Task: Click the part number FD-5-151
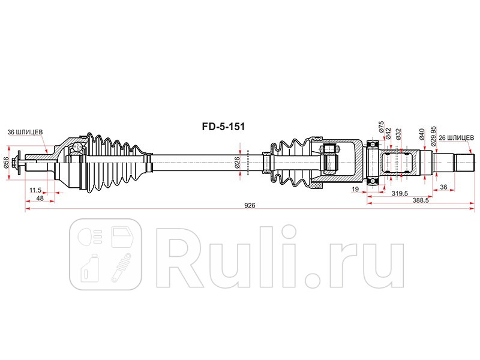tap(223, 127)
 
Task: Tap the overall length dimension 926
tap(250, 205)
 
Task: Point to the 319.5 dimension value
tap(400, 193)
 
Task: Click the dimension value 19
tap(356, 190)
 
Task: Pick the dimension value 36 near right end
tap(444, 187)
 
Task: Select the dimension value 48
tap(39, 198)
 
